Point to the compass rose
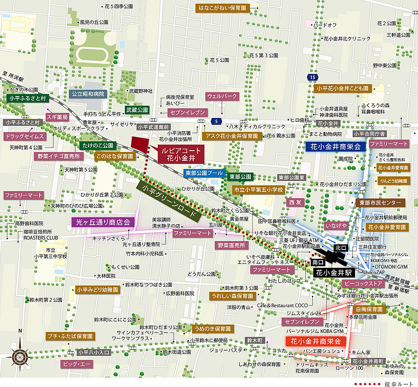click(x=20, y=357)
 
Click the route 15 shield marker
click(x=311, y=76)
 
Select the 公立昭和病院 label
click(x=88, y=94)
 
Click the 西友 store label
click(x=296, y=203)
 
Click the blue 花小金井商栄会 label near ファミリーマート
click(x=336, y=146)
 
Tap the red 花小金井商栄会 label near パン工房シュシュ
click(x=316, y=341)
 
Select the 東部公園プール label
click(x=204, y=173)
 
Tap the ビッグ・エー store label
click(x=76, y=364)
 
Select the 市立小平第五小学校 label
click(x=258, y=190)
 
